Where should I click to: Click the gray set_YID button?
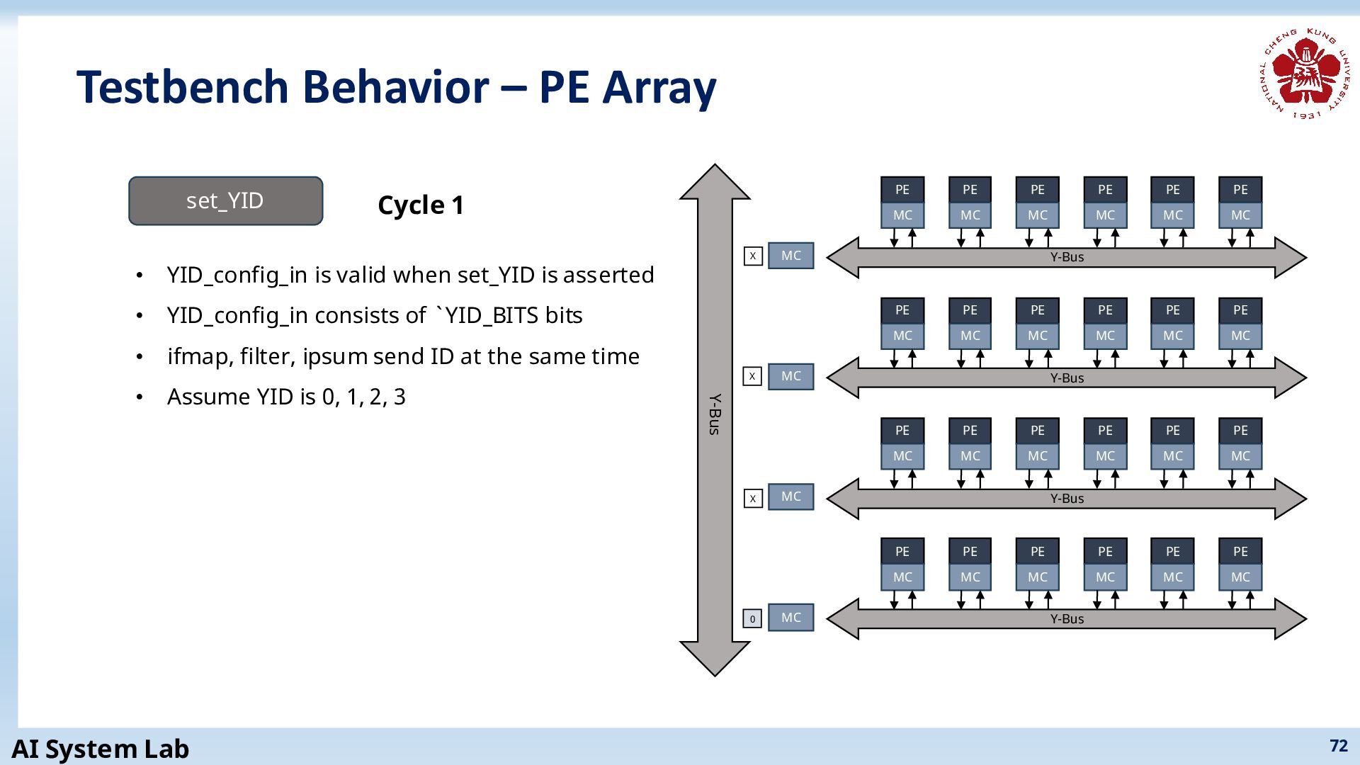pyautogui.click(x=225, y=201)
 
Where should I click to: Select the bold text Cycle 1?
pyautogui.click(x=421, y=205)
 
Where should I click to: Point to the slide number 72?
pyautogui.click(x=1339, y=746)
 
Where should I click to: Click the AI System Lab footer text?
pyautogui.click(x=101, y=749)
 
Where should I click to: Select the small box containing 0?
pyautogui.click(x=752, y=618)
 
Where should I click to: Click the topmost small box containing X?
pyautogui.click(x=753, y=256)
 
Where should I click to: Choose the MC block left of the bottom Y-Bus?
pyautogui.click(x=791, y=618)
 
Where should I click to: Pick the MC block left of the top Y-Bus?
pyautogui.click(x=791, y=256)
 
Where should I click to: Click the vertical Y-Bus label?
pyautogui.click(x=715, y=414)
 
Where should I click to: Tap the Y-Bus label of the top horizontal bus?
pyautogui.click(x=1067, y=257)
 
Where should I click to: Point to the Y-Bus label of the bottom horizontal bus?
pyautogui.click(x=1067, y=619)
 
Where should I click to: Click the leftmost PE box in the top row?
pyautogui.click(x=902, y=190)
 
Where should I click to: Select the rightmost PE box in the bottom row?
pyautogui.click(x=1240, y=551)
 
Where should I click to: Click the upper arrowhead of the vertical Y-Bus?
pyautogui.click(x=715, y=181)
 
